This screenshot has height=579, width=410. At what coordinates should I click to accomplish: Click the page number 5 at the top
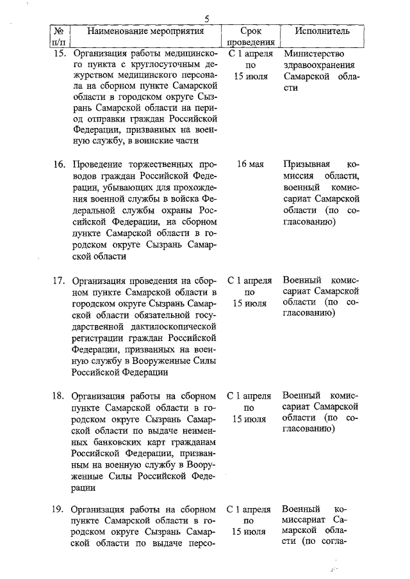pos(206,19)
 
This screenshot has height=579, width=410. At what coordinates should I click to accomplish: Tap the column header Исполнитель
pos(322,31)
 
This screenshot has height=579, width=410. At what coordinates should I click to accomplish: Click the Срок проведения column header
pos(250,36)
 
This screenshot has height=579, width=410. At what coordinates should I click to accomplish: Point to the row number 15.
pos(59,54)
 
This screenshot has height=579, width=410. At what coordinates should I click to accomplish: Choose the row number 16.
pos(59,164)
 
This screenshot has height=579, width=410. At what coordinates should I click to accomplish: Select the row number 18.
pos(59,396)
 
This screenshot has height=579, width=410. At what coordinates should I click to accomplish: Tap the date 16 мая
pos(250,164)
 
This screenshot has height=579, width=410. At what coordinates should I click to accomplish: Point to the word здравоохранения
pos(318,65)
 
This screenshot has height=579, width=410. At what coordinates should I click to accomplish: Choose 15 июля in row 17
pos(250,303)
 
